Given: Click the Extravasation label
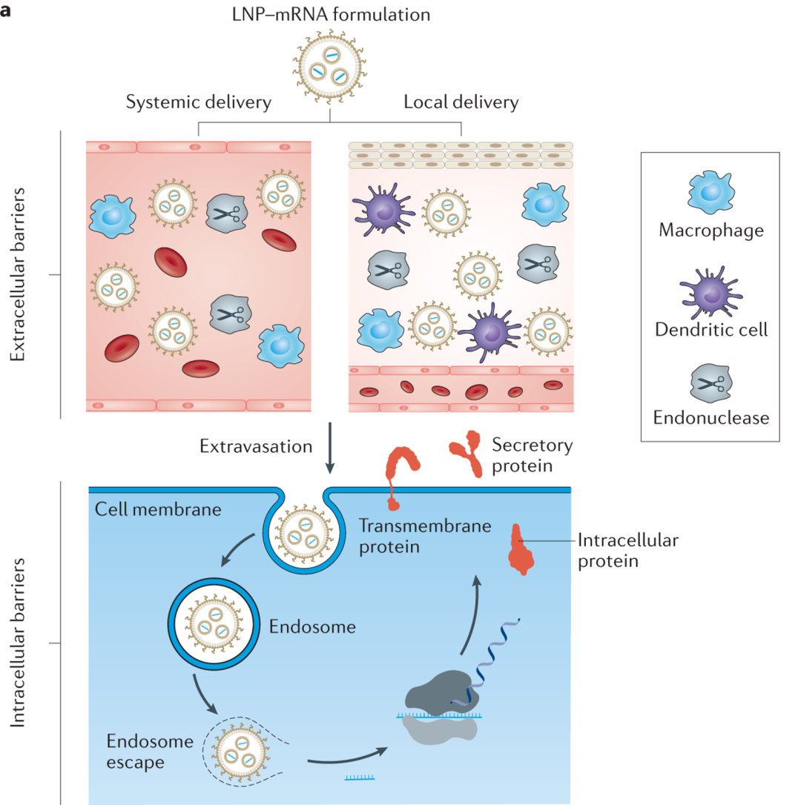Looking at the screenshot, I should pos(257,445).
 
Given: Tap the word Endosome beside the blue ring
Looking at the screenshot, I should pos(312,626).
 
